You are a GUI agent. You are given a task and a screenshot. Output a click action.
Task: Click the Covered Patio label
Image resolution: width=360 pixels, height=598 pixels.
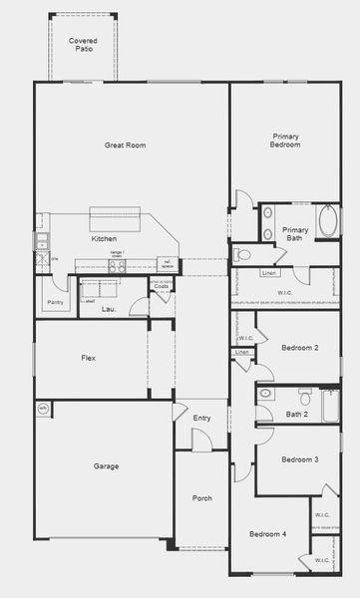pos(83,44)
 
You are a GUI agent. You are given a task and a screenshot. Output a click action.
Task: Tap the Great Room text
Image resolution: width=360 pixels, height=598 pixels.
pos(126,146)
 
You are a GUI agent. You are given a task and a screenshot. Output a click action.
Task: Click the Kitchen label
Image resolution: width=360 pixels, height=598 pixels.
pos(105,239)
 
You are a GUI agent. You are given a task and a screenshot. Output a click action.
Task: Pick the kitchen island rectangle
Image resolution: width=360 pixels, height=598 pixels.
pos(118,218)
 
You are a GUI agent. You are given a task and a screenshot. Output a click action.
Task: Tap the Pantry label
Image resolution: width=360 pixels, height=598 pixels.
pos(56,301)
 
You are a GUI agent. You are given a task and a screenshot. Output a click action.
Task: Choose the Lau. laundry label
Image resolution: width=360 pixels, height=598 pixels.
pos(110,309)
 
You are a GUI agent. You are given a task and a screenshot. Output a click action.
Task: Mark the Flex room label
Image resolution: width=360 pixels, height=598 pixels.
pos(89,358)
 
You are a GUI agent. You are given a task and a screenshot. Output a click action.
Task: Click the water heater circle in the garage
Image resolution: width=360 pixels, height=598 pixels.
pos(43,408)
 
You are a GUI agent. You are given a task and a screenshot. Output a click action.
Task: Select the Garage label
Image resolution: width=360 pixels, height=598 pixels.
pos(107,466)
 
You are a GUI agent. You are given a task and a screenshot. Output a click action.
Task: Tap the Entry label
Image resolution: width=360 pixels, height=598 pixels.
pos(202,418)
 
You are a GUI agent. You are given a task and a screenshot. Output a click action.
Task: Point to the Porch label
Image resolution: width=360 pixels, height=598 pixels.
pos(202,499)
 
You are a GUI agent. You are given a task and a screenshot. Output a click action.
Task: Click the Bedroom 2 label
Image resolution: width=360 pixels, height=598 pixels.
pos(299,347)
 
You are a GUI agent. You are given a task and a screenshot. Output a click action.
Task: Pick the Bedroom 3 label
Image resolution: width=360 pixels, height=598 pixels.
pos(299,459)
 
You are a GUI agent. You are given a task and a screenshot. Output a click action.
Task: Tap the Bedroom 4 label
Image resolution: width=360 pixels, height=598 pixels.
pos(269,534)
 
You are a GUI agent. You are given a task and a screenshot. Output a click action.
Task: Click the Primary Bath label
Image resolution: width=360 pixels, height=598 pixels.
pos(295,234)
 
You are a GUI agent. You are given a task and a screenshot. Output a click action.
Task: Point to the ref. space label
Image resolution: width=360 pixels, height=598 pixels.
pos(168,264)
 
